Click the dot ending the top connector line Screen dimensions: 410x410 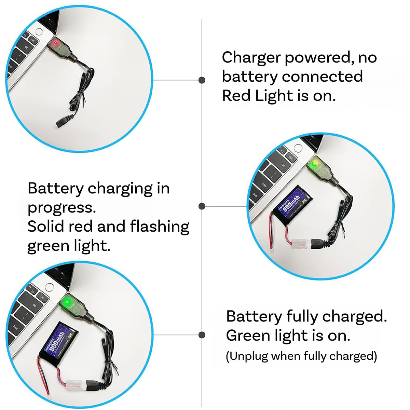tap(202, 80)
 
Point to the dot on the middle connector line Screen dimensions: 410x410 tap(202, 206)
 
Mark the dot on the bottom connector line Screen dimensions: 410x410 tap(202, 335)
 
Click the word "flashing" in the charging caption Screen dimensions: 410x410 tap(160, 227)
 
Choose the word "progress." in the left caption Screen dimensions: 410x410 tap(61, 208)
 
